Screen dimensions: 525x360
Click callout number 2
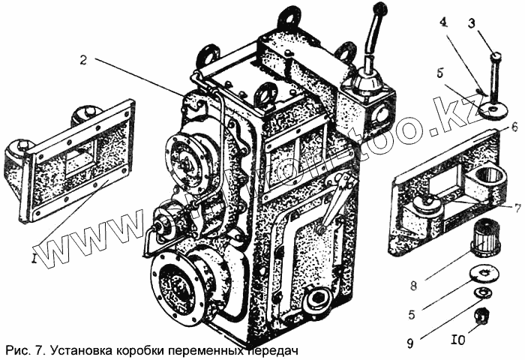84,61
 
